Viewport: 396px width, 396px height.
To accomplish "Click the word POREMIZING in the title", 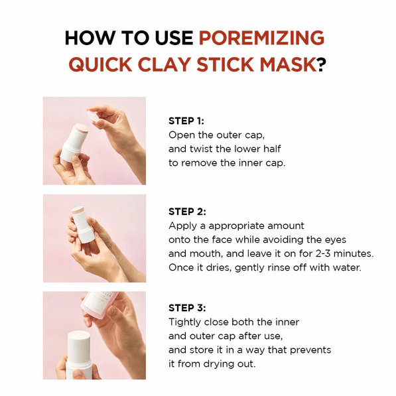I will click(262, 38).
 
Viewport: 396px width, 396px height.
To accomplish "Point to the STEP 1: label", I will click(186, 121).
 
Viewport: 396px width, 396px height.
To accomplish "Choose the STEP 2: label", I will click(187, 212).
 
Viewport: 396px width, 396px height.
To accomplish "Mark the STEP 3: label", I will click(187, 308).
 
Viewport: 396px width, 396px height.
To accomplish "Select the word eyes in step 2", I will click(333, 239).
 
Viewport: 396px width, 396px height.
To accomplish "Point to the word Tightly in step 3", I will click(186, 322).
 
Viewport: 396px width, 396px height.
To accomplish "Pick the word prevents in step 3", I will click(310, 350).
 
